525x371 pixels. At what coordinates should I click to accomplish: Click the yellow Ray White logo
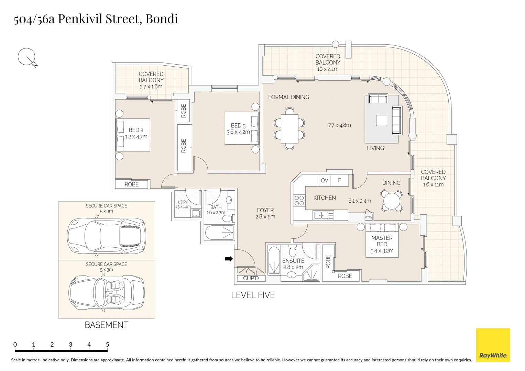(493, 345)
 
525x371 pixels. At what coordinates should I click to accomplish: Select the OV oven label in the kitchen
(325, 180)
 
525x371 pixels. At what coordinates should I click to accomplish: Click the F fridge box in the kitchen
(340, 180)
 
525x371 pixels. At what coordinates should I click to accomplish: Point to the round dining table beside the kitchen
(391, 201)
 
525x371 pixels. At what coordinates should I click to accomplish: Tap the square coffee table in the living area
(381, 121)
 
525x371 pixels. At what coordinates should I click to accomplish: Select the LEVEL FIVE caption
(253, 295)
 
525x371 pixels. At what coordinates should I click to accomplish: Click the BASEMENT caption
(106, 325)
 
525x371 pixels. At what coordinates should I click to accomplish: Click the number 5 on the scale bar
(107, 345)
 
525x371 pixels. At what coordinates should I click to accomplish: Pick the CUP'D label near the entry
(251, 278)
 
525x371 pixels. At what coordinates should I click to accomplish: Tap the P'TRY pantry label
(368, 217)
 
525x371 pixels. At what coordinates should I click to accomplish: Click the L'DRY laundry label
(183, 202)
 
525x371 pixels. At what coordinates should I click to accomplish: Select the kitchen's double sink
(323, 215)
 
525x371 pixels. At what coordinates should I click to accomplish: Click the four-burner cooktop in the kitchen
(299, 200)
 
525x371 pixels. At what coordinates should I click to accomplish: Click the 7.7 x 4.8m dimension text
(339, 125)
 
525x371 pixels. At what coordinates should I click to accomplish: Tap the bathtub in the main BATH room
(219, 233)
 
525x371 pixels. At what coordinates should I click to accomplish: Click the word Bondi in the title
(162, 19)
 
